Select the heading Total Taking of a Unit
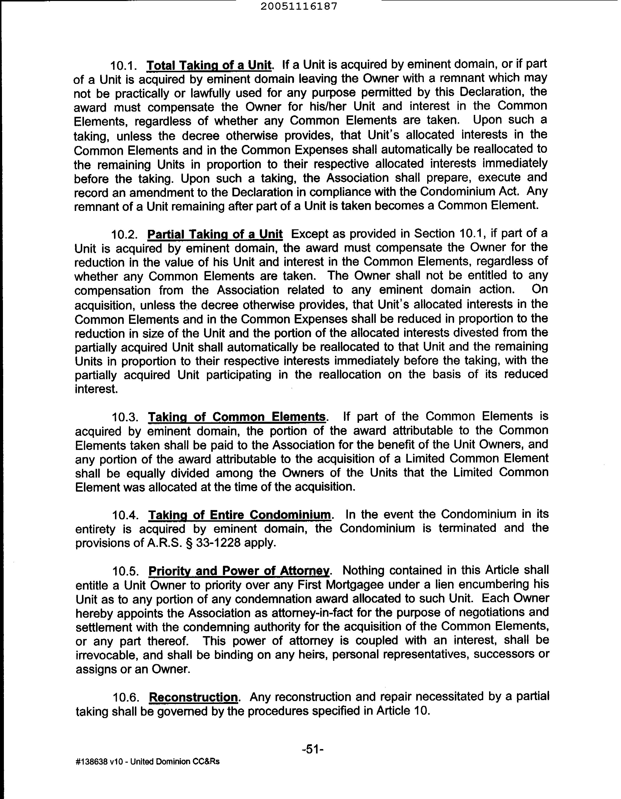[x=209, y=65]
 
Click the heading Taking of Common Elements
[x=237, y=417]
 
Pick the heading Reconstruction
[x=194, y=697]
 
